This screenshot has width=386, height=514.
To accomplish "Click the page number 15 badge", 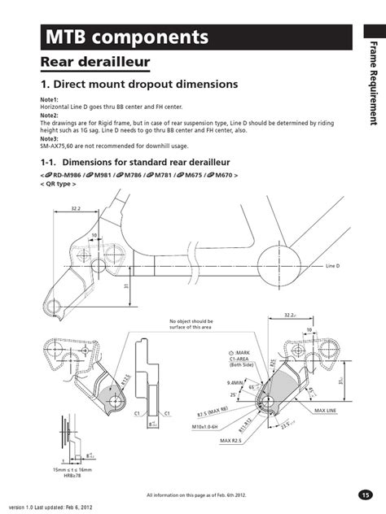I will click(x=365, y=495).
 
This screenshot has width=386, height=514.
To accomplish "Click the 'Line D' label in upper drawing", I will click(x=332, y=266).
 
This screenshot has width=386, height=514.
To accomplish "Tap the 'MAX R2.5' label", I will click(x=231, y=441).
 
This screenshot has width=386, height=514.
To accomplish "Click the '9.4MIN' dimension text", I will click(x=215, y=381).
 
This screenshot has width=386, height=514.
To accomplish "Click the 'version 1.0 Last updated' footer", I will click(x=44, y=507).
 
